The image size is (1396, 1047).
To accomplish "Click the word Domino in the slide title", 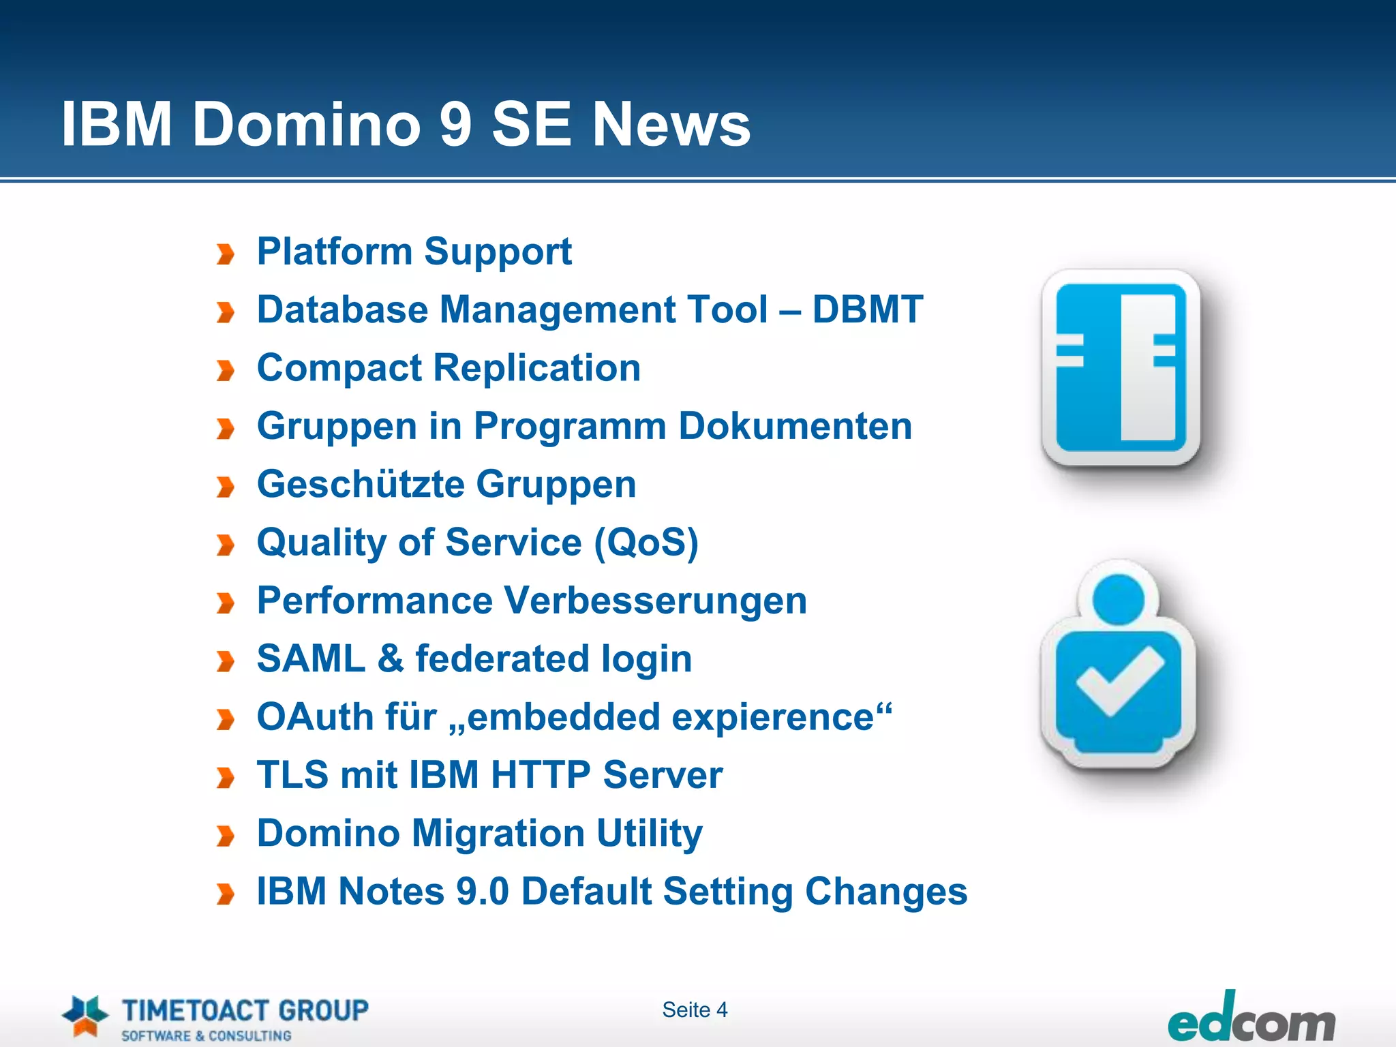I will [306, 124].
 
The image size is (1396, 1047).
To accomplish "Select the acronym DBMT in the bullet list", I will [867, 309].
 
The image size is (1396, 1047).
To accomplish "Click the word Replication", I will [536, 368].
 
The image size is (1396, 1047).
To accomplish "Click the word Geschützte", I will [361, 485].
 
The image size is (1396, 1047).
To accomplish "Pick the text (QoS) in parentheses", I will [646, 543].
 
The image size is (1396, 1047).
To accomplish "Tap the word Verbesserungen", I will [656, 601].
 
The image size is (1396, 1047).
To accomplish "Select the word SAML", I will [311, 659].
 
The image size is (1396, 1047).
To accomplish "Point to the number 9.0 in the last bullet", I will [482, 892].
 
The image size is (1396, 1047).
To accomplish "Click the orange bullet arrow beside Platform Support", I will [225, 255].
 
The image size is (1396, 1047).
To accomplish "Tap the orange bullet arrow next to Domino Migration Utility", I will [225, 836].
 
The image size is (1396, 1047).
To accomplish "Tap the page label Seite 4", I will [695, 1010].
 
